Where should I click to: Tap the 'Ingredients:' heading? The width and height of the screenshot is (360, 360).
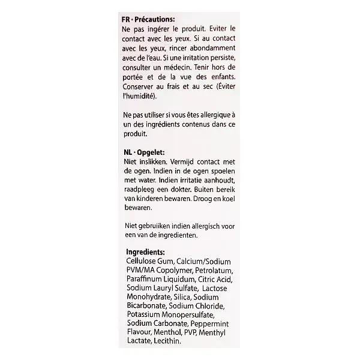148,252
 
